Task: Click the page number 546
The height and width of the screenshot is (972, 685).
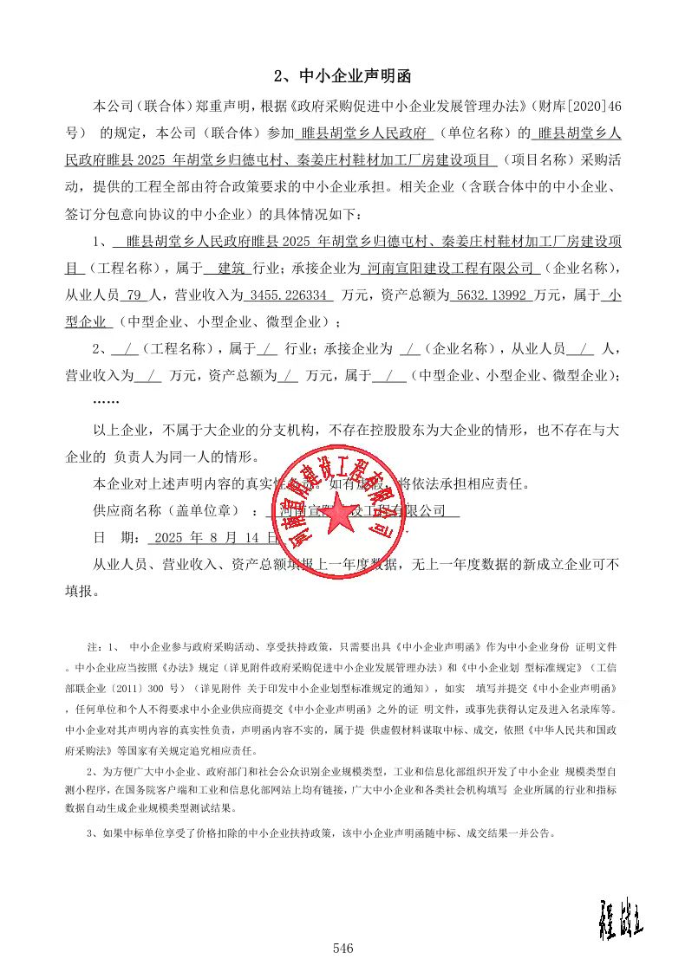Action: pyautogui.click(x=342, y=949)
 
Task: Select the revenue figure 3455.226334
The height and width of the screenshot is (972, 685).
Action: pyautogui.click(x=289, y=295)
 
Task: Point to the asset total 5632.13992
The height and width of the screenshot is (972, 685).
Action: pyautogui.click(x=490, y=295)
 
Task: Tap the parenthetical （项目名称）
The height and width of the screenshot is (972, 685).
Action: pyautogui.click(x=542, y=161)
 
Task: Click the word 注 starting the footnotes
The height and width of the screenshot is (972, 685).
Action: pyautogui.click(x=94, y=647)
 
